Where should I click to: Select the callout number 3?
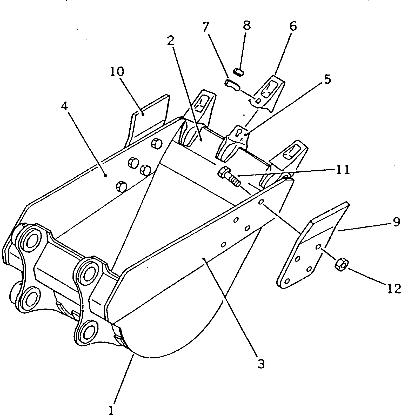tap(261, 364)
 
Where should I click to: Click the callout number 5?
tap(327, 79)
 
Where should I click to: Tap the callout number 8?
tap(246, 25)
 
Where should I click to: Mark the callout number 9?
tap(396, 223)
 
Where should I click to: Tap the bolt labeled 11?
tap(229, 177)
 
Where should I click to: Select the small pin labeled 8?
tap(238, 71)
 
